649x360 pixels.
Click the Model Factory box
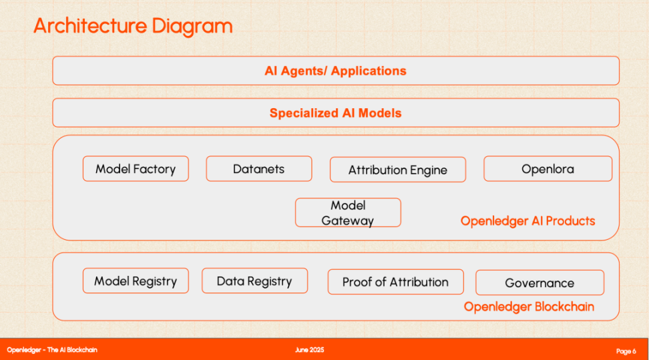point(136,168)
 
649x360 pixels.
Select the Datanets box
point(259,168)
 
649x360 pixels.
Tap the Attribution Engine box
point(398,170)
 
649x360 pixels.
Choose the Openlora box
point(548,168)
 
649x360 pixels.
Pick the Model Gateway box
point(348,212)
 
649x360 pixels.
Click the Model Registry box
point(136,281)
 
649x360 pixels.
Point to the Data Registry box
point(255,281)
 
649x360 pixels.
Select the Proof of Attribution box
point(396,282)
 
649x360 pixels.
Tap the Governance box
point(539,283)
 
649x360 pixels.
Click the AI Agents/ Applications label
point(336,71)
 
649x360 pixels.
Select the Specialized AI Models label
point(336,113)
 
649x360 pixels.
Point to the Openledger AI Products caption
point(527,221)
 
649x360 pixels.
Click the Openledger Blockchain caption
point(529,307)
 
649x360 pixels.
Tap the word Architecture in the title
point(90,25)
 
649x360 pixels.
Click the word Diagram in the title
point(192,27)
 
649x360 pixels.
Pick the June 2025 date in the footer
point(310,350)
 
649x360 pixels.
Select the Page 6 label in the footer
point(626,351)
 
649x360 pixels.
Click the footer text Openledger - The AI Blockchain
point(52,350)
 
